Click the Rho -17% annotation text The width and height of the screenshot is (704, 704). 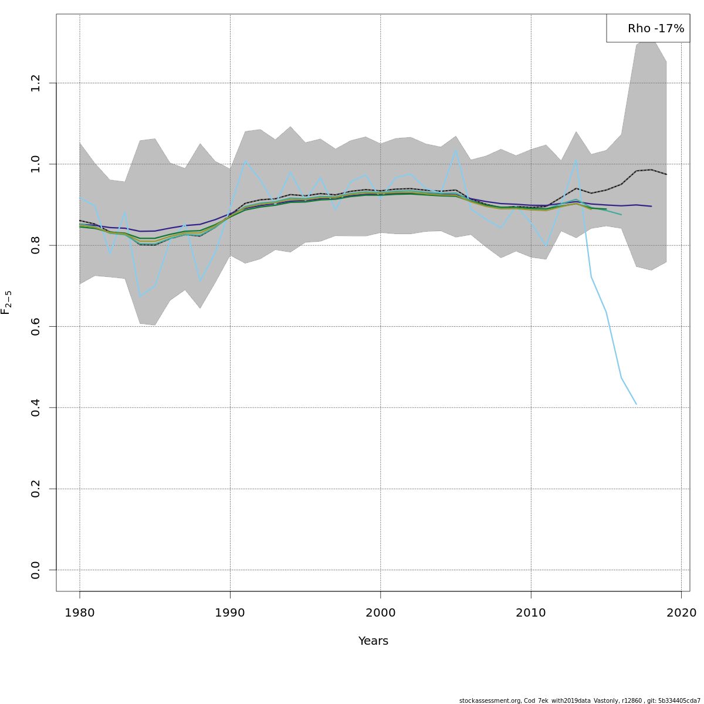click(655, 29)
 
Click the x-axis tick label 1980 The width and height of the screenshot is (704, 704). click(80, 613)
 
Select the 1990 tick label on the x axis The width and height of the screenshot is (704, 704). click(230, 613)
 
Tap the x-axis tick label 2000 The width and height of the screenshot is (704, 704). click(381, 613)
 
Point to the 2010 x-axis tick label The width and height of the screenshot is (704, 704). click(531, 613)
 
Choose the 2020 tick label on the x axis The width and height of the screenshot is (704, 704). click(681, 613)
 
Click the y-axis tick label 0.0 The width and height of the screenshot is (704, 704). click(36, 570)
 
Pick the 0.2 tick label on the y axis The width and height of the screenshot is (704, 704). click(36, 489)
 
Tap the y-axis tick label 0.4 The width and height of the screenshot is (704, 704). click(36, 407)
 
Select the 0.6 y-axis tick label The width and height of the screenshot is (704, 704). click(36, 326)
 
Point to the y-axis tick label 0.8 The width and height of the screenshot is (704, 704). click(36, 245)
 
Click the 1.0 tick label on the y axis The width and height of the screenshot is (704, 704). click(36, 164)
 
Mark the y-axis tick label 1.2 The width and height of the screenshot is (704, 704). click(36, 83)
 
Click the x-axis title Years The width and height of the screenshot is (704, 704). click(373, 641)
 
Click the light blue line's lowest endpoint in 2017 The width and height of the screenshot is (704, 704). click(636, 404)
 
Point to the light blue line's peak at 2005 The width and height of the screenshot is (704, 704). click(456, 150)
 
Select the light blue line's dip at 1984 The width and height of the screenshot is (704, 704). click(140, 297)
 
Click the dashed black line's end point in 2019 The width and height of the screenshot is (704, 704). click(666, 174)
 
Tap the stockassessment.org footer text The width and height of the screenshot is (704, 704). click(580, 700)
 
